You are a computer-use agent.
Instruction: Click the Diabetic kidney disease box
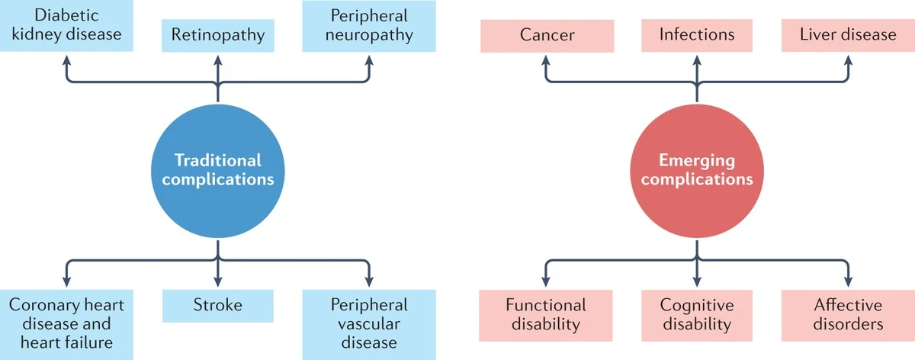point(66,24)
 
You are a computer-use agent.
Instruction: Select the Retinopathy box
point(218,35)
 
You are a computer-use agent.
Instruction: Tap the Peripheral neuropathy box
point(369,24)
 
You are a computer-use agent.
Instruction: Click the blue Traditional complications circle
point(218,170)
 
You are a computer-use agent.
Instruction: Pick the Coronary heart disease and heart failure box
point(66,323)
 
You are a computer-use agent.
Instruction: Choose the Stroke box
point(218,306)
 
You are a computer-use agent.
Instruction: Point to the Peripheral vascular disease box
point(369,323)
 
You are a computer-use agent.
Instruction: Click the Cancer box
point(546,35)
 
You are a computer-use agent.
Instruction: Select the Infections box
point(697,35)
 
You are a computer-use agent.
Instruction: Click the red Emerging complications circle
point(697,170)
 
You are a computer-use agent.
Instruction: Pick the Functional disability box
point(546,314)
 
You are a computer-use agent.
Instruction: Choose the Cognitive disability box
point(697,314)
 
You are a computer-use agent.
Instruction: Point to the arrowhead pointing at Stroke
point(218,281)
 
